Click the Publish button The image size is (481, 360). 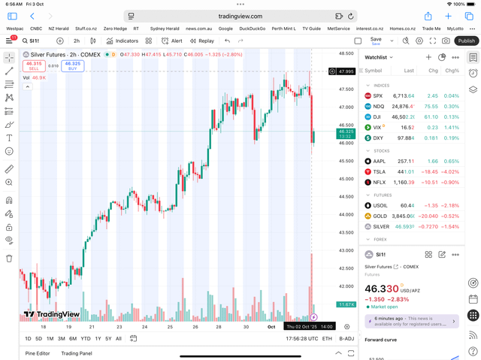point(466,41)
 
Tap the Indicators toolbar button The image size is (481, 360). point(123,41)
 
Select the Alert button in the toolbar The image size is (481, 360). point(173,41)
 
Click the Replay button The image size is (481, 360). point(202,41)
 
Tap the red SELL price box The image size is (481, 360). point(33,65)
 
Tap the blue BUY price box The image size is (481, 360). point(73,65)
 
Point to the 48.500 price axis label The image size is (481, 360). point(346,53)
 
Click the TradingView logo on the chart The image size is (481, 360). point(51,314)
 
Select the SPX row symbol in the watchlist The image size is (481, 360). point(378,96)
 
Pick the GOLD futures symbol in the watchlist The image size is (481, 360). point(380,216)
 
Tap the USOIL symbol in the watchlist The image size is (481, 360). point(381,205)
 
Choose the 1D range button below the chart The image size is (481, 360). point(29,338)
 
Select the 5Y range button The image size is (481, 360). point(107,338)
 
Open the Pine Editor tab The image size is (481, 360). point(38,352)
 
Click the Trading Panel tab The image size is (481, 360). point(77,352)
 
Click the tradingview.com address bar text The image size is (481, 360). point(240,16)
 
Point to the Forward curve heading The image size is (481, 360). point(382,340)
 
